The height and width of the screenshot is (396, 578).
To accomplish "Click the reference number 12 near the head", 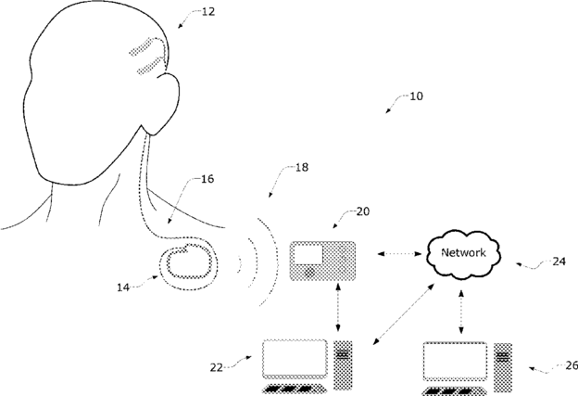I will point(207,12).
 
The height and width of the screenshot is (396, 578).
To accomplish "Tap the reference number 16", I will point(207,179).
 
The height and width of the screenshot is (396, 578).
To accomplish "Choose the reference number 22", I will point(217,366).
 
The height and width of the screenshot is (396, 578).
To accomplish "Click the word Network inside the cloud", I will point(462,252).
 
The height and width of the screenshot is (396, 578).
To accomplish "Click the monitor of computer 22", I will point(295,358).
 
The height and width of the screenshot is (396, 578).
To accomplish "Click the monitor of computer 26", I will point(455,361).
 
